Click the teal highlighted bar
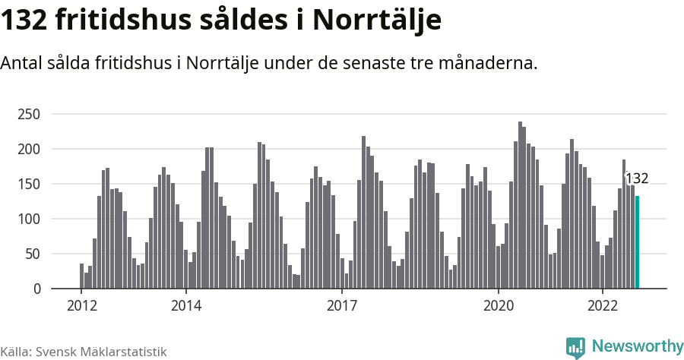[x=637, y=242]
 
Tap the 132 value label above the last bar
[x=637, y=179]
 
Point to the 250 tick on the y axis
[x=29, y=115]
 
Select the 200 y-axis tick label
[x=29, y=150]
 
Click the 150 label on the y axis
[x=29, y=185]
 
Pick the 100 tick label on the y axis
[x=29, y=219]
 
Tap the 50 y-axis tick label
[x=33, y=254]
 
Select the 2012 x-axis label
[x=81, y=307]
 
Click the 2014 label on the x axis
[x=185, y=307]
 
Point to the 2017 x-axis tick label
[x=342, y=307]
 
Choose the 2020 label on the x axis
[x=499, y=307]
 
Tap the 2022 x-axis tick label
[x=603, y=307]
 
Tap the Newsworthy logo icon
[x=575, y=347]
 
